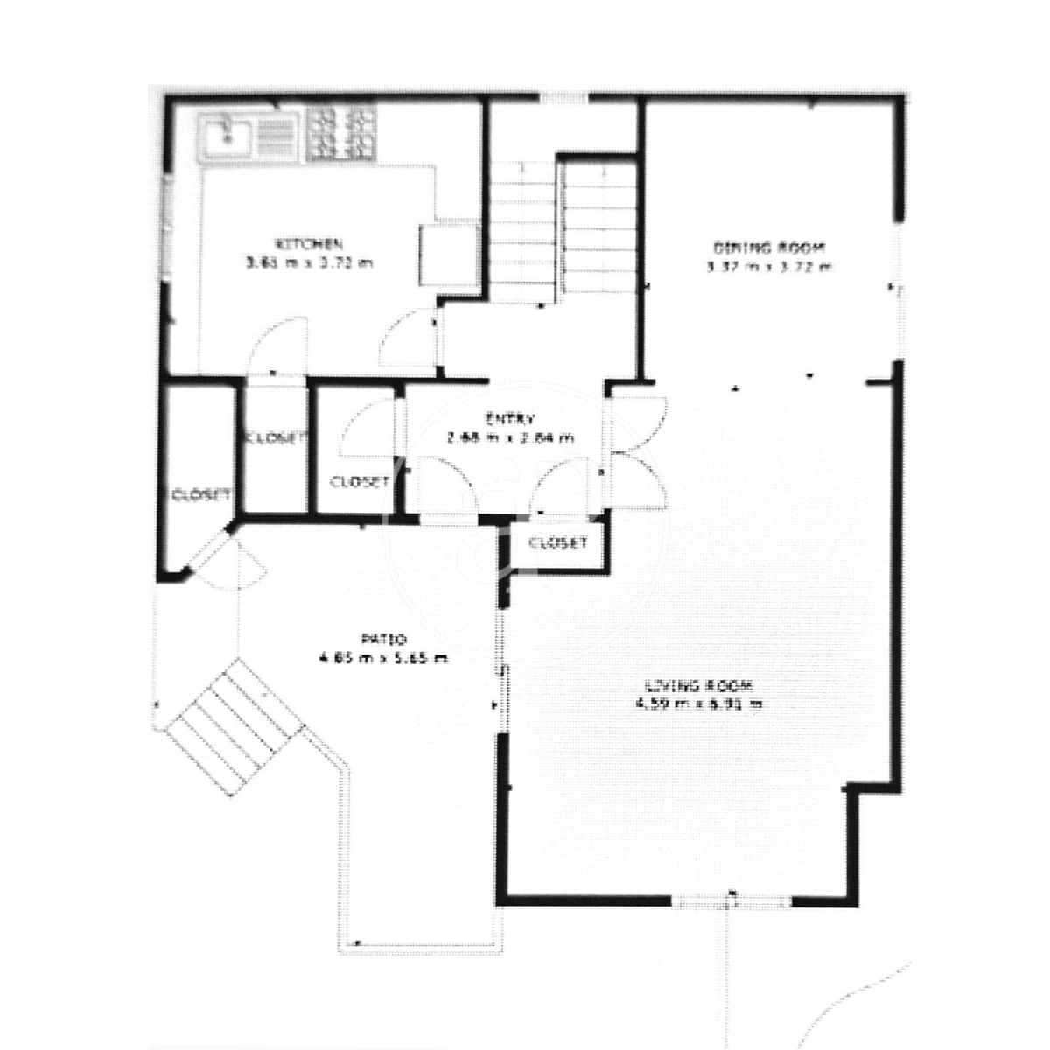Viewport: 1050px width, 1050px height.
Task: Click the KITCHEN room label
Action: [x=309, y=243]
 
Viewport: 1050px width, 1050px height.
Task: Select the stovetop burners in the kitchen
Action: [x=340, y=133]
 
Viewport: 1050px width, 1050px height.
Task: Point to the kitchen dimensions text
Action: [x=309, y=262]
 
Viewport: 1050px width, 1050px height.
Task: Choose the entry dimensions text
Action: [x=510, y=437]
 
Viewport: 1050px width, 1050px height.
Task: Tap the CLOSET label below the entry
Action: [x=558, y=543]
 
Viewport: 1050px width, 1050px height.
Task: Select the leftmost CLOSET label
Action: [x=201, y=494]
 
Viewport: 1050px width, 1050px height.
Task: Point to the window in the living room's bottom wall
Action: [x=731, y=899]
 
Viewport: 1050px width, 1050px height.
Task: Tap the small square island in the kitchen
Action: [x=448, y=255]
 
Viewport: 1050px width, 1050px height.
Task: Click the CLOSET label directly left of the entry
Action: [x=360, y=482]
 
